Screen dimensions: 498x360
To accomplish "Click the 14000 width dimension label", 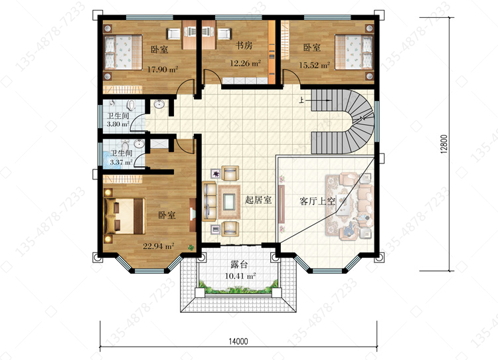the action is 238,341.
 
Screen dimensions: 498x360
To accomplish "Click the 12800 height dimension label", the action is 444,144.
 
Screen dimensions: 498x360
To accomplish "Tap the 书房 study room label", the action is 244,45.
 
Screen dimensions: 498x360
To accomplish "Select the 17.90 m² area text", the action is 162,69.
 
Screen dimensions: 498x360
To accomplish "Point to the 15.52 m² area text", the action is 315,65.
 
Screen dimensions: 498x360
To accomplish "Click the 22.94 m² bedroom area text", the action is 158,246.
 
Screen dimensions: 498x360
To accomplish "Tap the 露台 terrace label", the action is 239,264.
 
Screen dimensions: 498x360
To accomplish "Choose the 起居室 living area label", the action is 258,200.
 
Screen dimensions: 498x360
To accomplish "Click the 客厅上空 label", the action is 317,201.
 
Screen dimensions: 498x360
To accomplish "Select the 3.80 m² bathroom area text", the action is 118,124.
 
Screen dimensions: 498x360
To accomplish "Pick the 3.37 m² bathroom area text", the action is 122,162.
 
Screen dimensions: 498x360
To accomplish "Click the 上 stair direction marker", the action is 301,100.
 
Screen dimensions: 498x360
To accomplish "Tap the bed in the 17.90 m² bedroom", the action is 124,52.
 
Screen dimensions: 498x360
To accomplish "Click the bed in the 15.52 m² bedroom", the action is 354,52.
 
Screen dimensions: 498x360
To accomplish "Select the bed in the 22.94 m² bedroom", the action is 125,216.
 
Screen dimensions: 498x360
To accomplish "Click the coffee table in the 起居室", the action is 228,202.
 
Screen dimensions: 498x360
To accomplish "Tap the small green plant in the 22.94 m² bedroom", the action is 191,248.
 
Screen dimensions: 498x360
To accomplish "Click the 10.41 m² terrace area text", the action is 240,276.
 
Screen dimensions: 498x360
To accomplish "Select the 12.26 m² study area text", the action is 245,63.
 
